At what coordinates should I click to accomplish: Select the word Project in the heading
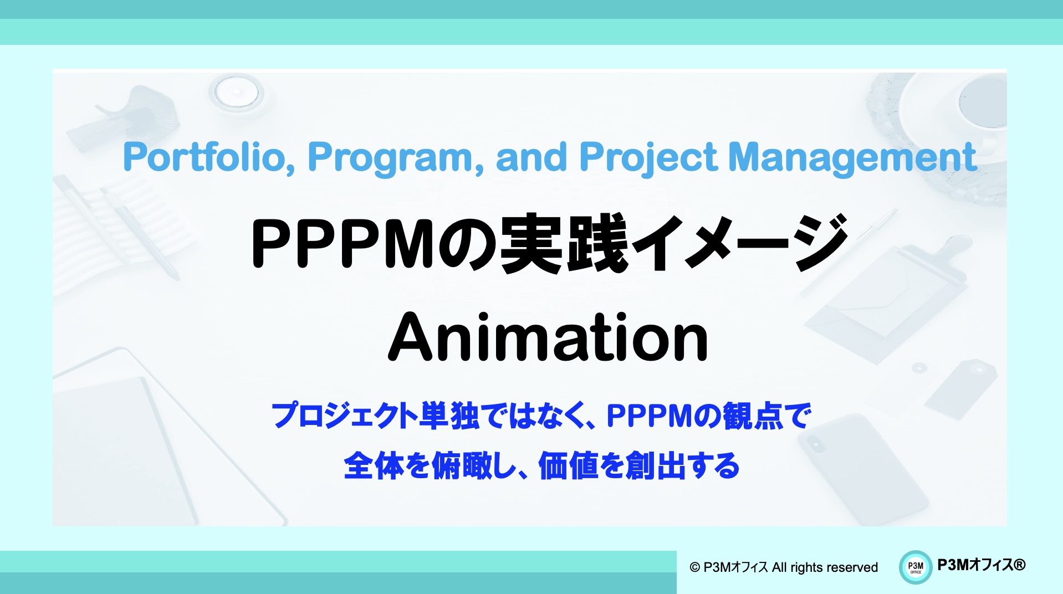coord(648,157)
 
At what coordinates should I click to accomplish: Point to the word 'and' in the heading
coord(531,157)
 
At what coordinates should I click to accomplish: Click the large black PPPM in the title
coord(342,244)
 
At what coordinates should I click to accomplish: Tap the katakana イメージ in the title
coord(738,244)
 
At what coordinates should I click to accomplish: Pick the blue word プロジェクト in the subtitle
coord(344,416)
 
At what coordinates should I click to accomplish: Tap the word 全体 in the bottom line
coord(374,465)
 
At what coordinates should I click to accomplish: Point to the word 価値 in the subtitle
coord(568,465)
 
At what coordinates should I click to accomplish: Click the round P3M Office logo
coord(916,567)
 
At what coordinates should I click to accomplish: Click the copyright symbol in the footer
coord(694,567)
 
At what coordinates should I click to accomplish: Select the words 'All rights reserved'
coord(824,567)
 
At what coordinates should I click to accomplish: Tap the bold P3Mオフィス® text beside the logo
coord(981,565)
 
